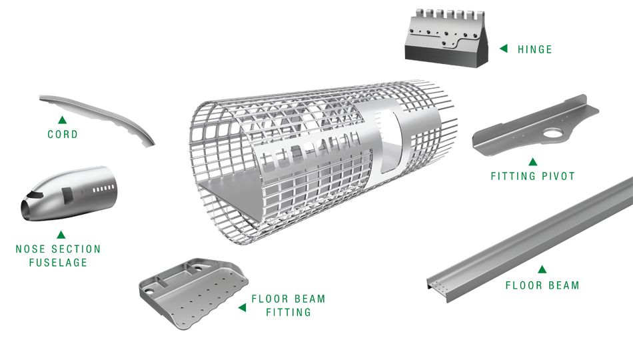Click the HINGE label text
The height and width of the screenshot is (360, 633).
click(534, 49)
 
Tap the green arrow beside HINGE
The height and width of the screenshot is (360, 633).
click(504, 48)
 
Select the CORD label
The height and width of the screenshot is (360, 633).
click(63, 135)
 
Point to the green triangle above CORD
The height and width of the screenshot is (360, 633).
click(62, 120)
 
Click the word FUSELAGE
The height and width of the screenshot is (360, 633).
click(58, 263)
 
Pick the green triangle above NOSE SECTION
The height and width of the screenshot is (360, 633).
click(61, 235)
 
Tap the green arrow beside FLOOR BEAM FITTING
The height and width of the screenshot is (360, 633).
click(242, 306)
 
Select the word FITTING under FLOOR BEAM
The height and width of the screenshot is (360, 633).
click(288, 312)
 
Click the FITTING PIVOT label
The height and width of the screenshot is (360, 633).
click(532, 177)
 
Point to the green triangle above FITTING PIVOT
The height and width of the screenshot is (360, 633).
click(532, 161)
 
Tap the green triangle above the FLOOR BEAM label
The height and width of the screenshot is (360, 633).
click(542, 269)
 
